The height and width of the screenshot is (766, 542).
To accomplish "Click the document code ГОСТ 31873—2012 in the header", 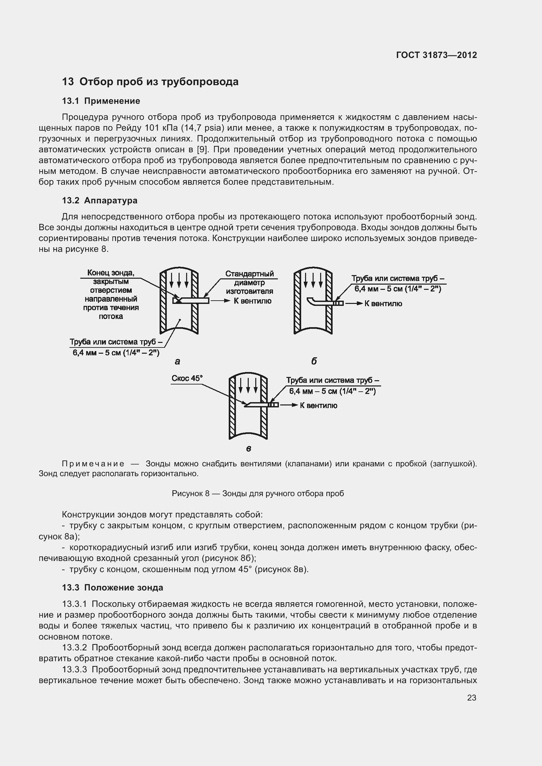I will click(x=436, y=55).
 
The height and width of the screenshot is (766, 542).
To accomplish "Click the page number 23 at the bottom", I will click(x=472, y=697).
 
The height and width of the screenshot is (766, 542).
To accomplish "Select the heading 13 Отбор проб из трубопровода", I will click(x=150, y=82).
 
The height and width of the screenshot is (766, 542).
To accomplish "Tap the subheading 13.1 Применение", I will click(x=101, y=101).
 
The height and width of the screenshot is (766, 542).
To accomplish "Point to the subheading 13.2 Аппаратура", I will click(x=100, y=200).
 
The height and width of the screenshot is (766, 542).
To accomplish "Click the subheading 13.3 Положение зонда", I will click(x=112, y=588).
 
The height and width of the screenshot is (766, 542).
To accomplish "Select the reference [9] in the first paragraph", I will click(x=202, y=149).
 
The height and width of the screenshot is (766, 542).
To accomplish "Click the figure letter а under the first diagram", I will click(x=177, y=361).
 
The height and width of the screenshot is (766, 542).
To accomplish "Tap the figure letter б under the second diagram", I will click(x=314, y=361).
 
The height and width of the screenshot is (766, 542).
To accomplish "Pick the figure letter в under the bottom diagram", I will click(x=248, y=449).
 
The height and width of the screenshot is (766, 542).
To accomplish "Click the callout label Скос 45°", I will click(x=187, y=378).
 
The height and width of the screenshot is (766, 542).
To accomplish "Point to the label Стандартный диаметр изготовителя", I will click(x=249, y=282).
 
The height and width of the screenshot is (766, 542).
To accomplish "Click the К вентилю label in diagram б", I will click(x=383, y=304).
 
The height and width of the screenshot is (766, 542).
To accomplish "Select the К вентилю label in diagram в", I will click(x=319, y=405).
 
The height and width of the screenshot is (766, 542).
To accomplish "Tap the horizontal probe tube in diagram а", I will click(x=192, y=301).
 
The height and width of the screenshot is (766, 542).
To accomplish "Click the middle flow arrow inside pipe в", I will click(x=248, y=385).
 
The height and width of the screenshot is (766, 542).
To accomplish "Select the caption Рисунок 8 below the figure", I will click(x=257, y=494).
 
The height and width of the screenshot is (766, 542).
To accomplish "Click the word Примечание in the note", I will click(x=93, y=464).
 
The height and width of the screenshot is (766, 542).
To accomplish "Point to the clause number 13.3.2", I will click(x=74, y=647).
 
